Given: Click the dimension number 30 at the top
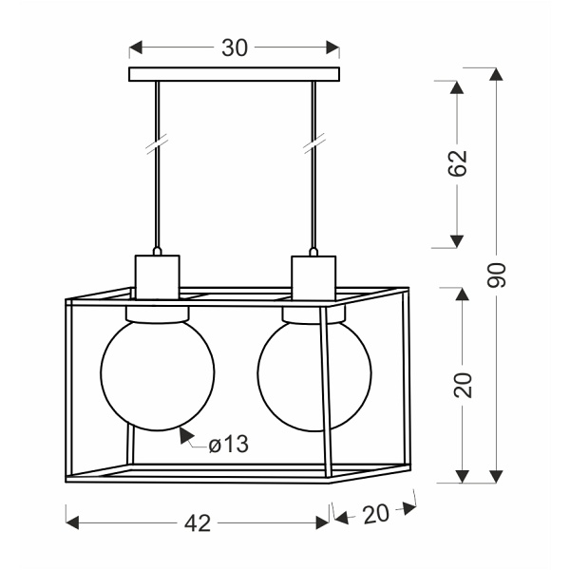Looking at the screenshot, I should point(234,48).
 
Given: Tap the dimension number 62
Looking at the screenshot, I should point(459,163).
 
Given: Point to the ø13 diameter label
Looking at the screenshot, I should point(228,444).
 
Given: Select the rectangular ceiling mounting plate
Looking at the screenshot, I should point(234,74).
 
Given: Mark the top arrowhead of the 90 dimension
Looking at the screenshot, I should point(497,74).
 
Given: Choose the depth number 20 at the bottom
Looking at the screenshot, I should point(376,514).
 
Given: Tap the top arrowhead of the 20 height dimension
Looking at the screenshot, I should point(462,293).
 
